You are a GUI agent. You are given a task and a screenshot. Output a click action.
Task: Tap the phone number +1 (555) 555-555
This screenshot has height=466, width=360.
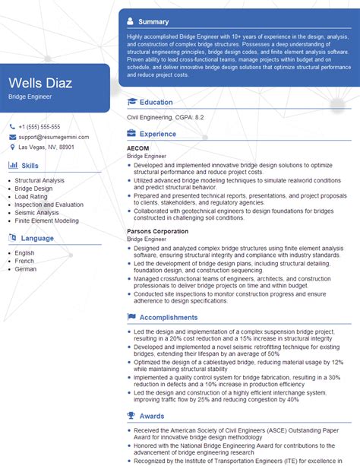pos(39,127)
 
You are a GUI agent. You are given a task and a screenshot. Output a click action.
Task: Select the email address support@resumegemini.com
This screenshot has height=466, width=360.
pos(52,137)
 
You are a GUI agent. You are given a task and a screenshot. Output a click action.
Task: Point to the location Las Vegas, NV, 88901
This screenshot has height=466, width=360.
pos(46,147)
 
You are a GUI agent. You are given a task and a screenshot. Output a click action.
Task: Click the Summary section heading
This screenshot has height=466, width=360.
pos(154,22)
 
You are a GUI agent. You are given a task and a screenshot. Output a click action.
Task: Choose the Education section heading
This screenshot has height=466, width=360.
pos(156,102)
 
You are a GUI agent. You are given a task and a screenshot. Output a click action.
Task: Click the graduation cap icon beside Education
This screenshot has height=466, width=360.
pos(132,102)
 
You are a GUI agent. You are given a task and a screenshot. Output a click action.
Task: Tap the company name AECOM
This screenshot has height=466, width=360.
pos(138,147)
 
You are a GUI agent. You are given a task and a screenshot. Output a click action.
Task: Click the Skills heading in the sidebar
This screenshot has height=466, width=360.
pos(30,165)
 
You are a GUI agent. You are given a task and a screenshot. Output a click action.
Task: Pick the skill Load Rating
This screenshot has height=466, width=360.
pos(32,196)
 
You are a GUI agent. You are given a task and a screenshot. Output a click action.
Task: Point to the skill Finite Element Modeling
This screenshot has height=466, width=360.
pos(46,220)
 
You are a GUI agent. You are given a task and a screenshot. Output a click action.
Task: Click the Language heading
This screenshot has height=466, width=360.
pos(37,238)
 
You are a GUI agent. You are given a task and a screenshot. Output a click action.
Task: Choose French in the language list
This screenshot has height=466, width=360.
pos(25,262)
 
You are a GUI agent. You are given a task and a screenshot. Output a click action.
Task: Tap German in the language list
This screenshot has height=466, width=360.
pos(26,270)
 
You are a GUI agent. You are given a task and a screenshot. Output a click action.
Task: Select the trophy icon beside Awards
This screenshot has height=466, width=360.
pos(132,415)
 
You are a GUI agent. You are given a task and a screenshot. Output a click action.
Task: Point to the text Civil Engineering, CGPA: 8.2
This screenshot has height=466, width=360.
pos(166,119)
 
